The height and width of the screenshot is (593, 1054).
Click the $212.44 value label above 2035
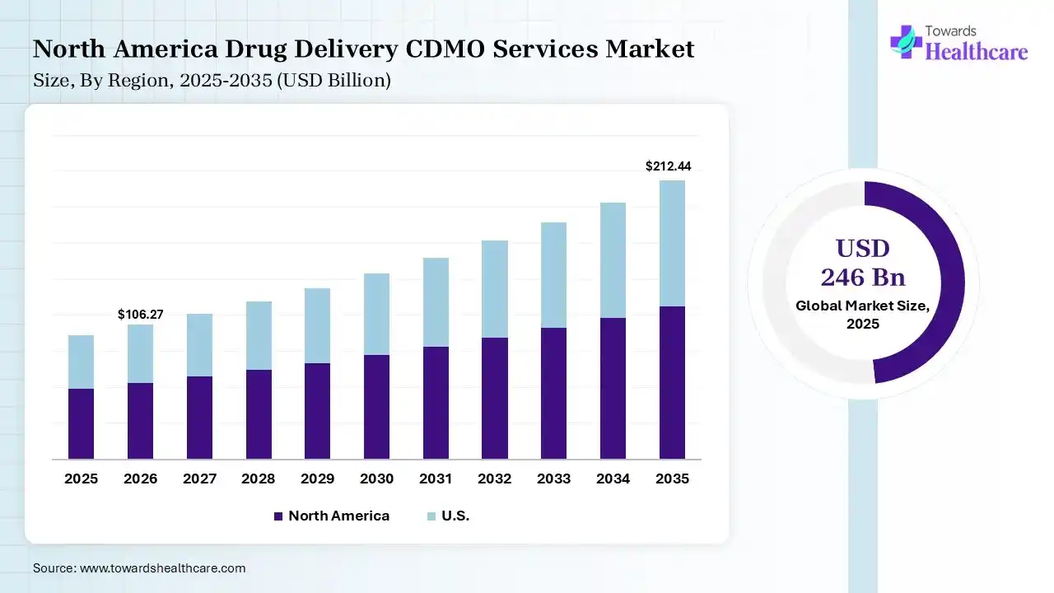pos(668,166)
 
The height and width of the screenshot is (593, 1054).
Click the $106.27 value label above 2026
pos(140,315)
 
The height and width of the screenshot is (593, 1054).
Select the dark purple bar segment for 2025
pos(81,423)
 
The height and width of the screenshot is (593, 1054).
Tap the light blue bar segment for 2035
pos(672,243)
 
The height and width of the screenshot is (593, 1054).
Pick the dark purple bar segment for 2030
pos(376,407)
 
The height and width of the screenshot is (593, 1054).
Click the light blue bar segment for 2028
pos(259,335)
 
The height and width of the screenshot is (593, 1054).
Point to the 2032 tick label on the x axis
pos(495,479)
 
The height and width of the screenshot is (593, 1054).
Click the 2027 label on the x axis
pos(199,479)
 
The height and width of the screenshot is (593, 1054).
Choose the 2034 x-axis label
pos(613,479)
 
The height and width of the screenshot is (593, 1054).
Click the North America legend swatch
pos(278,516)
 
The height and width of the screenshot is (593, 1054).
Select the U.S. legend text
pos(455,516)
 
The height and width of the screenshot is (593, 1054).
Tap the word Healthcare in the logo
pos(977,52)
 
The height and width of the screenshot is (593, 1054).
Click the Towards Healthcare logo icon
pos(906,41)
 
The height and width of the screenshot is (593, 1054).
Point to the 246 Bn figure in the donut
pos(863,278)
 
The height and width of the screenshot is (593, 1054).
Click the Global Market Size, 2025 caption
pos(863,315)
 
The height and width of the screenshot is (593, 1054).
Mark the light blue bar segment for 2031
pos(436,302)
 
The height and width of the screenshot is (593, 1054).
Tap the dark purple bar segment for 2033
pos(553,393)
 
